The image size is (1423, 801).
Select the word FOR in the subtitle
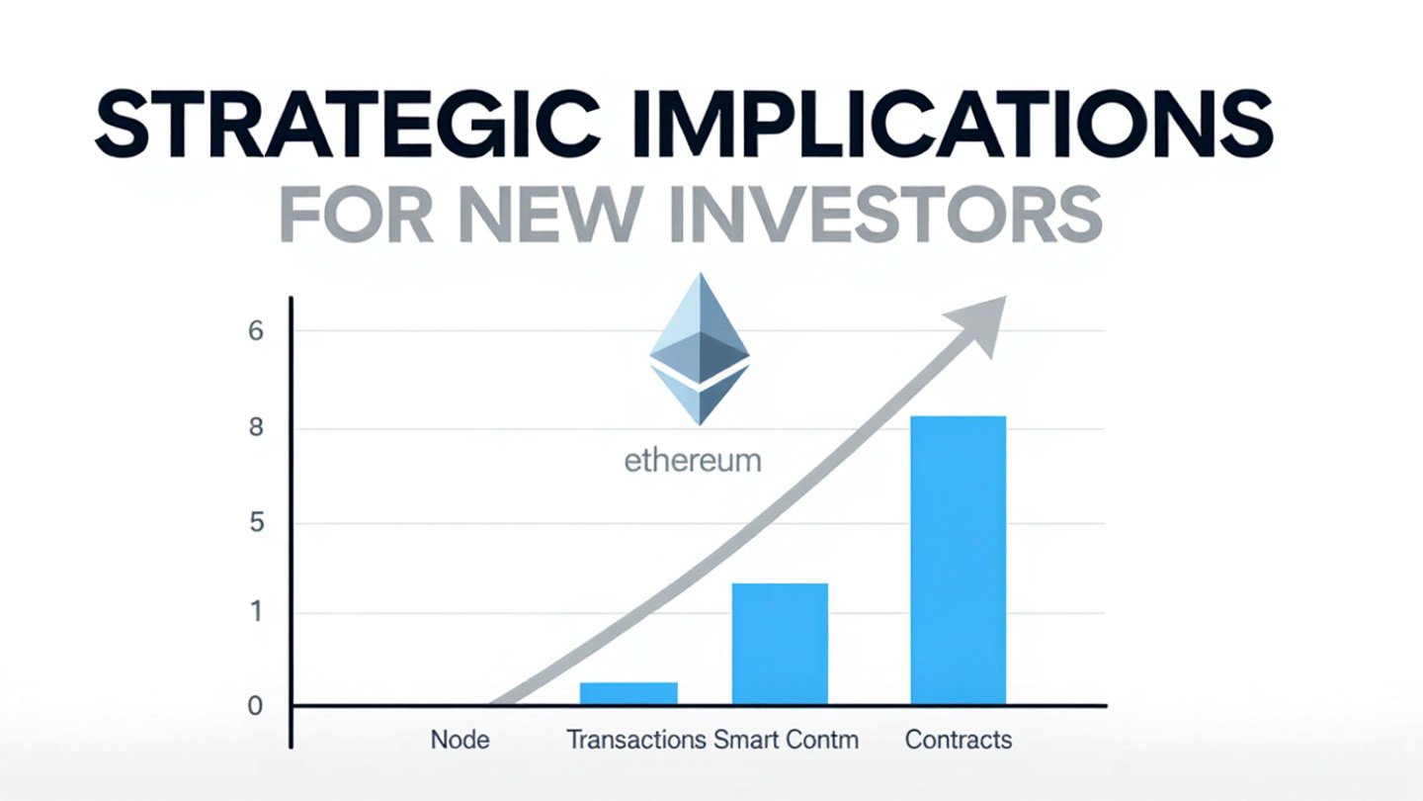click(357, 215)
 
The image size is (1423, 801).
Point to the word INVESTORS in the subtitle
click(886, 215)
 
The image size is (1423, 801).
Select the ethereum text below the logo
click(693, 460)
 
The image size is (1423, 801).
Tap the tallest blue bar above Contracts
click(958, 560)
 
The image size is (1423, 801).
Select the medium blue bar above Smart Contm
click(780, 644)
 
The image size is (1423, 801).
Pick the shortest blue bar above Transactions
click(628, 693)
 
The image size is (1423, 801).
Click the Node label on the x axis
click(460, 740)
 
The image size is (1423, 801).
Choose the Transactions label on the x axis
click(636, 740)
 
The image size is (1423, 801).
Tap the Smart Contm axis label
click(786, 740)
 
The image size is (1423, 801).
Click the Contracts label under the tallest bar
click(958, 740)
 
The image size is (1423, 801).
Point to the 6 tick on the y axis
click(255, 331)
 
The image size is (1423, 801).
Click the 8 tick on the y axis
click(255, 427)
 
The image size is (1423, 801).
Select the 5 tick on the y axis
click(256, 523)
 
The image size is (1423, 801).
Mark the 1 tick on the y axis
click(256, 612)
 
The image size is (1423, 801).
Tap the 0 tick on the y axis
click(255, 706)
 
